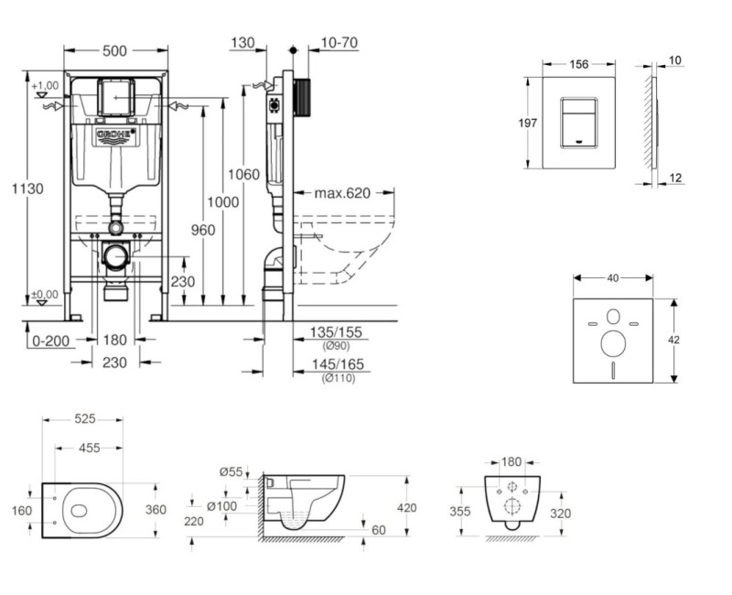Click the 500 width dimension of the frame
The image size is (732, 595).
pyautogui.click(x=114, y=52)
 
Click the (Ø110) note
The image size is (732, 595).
pyautogui.click(x=339, y=378)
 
